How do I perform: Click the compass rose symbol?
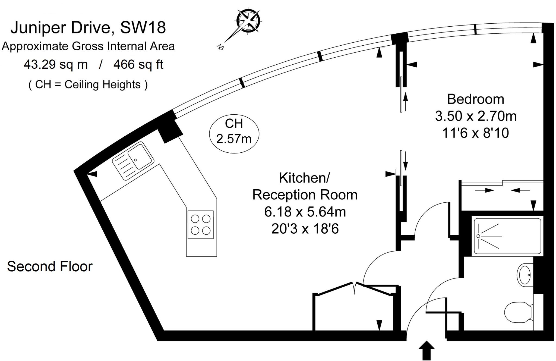pos(248,21)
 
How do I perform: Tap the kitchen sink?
pos(133,161)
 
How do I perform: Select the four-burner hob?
pos(201,225)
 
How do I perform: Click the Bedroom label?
pos(475,99)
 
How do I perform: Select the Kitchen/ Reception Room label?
pos(305,186)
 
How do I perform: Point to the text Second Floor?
pos(50,266)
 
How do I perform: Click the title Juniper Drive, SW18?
pos(88,27)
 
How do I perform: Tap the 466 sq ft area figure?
pos(138,65)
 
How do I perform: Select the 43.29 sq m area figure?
pos(56,65)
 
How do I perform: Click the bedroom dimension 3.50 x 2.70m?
pos(475,116)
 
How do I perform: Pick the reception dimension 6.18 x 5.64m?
pos(305,212)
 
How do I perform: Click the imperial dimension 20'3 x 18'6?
pos(305,229)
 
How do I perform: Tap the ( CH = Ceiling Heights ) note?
pos(88,84)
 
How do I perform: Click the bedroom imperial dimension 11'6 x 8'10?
pos(475,133)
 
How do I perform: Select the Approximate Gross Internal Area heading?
pos(88,46)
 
